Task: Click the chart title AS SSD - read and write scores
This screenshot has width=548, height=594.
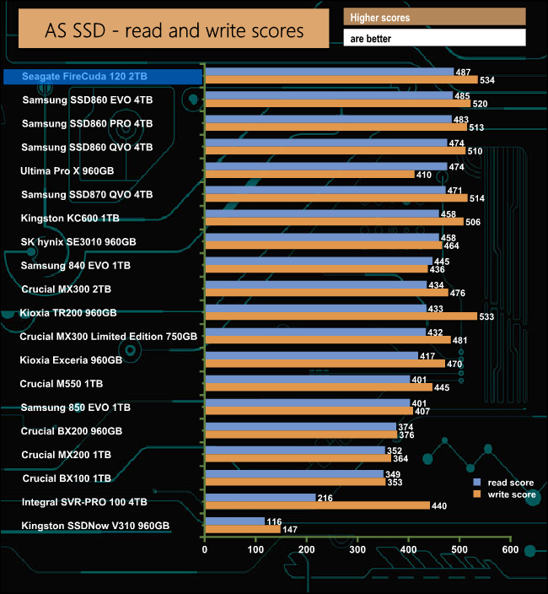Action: (174, 31)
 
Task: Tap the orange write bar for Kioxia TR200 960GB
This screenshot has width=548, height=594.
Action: (341, 316)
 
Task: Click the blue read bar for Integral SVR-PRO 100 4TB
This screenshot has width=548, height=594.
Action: (260, 498)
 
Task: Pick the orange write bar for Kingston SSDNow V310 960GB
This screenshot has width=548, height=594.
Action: (242, 530)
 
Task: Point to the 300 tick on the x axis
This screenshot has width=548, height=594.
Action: (357, 549)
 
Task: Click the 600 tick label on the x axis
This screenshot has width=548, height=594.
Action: (510, 549)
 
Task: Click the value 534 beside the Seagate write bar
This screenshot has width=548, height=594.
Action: (487, 80)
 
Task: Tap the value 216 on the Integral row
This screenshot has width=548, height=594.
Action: (325, 498)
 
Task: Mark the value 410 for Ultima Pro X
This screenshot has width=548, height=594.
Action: (424, 175)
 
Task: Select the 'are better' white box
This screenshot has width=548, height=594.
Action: (434, 38)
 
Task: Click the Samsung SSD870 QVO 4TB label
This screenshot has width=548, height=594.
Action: (88, 194)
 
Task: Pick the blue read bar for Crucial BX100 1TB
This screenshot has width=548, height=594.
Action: (293, 474)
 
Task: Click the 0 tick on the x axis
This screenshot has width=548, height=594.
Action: (205, 549)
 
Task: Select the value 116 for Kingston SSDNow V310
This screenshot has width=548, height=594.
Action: (274, 522)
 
